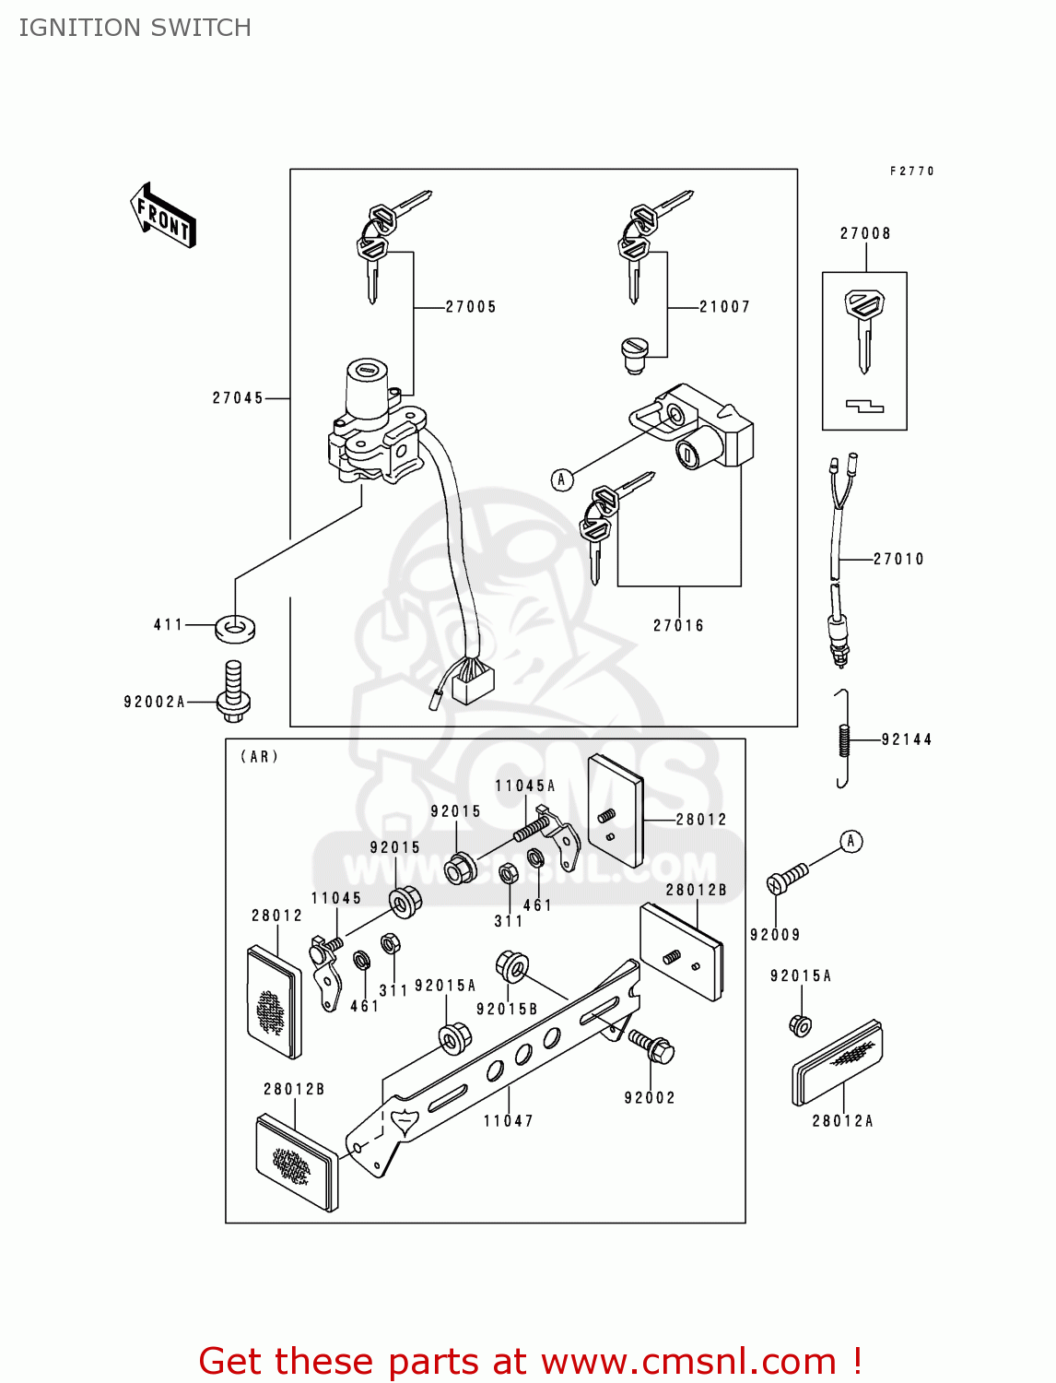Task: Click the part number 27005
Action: [471, 307]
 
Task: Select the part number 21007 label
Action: [724, 307]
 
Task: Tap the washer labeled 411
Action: [236, 629]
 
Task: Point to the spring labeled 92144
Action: [842, 739]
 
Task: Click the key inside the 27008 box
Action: [863, 327]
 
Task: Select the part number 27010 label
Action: [898, 559]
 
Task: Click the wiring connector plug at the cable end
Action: [473, 682]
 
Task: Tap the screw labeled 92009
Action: [787, 877]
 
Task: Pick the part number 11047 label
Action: [509, 1121]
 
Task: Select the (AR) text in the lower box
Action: [259, 757]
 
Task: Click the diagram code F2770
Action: [911, 171]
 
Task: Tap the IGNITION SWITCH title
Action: [135, 28]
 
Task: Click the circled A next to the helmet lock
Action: [562, 479]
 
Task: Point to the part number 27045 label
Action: [238, 398]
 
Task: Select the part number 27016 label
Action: [678, 626]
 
